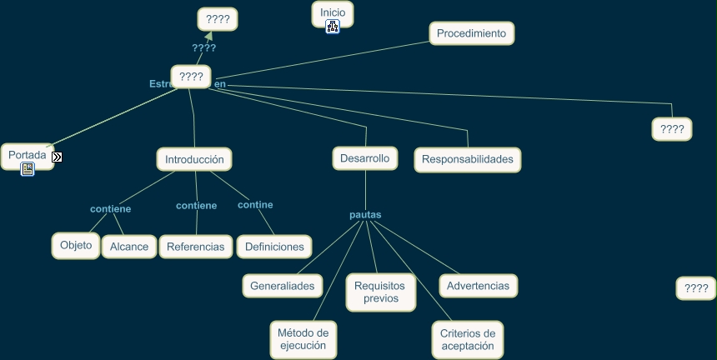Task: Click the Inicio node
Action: tap(332, 12)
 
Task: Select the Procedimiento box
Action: tap(472, 33)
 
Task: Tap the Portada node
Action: tap(27, 155)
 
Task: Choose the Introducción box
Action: tap(194, 159)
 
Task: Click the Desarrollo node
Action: tap(364, 157)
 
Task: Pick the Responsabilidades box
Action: tap(468, 159)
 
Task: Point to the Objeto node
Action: tap(76, 245)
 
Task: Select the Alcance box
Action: tap(129, 247)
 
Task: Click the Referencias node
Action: tap(195, 247)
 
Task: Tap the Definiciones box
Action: tap(274, 247)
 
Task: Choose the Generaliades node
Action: tap(283, 286)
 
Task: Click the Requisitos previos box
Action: tap(381, 292)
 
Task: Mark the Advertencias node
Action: tap(478, 286)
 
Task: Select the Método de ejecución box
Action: tap(303, 339)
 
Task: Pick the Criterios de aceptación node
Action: tap(468, 339)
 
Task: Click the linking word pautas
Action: tap(365, 214)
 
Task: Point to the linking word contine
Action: tap(255, 204)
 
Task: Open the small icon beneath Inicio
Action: tap(333, 27)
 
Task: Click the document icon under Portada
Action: tap(28, 169)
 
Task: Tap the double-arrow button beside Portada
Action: tap(57, 157)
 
